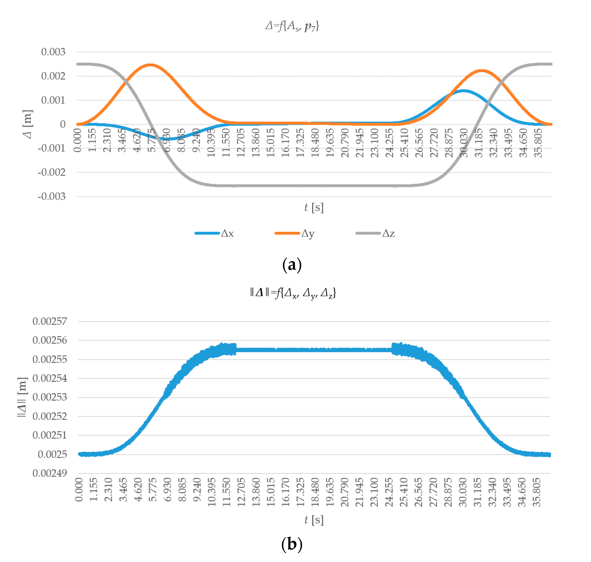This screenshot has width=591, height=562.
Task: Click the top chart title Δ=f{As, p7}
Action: click(x=292, y=26)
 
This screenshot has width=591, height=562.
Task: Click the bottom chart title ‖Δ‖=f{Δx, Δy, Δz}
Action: click(x=293, y=293)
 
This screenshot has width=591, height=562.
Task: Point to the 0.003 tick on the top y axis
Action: click(x=53, y=52)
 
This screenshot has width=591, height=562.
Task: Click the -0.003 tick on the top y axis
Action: click(x=52, y=196)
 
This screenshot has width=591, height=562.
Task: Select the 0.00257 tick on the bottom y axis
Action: click(x=50, y=321)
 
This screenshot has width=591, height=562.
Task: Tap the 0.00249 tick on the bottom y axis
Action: click(x=50, y=473)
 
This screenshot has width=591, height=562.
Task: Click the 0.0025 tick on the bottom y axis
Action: click(x=52, y=455)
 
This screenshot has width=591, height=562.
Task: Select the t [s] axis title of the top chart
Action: click(x=314, y=207)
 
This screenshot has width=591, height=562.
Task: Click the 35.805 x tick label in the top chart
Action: click(x=538, y=143)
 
